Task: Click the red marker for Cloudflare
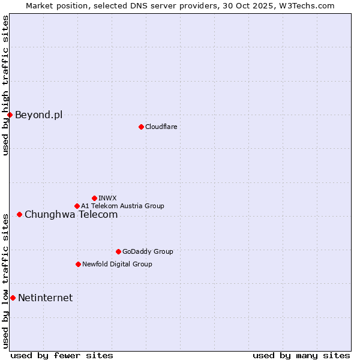pyautogui.click(x=141, y=127)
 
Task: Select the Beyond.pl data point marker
pyautogui.click(x=10, y=115)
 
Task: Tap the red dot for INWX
pyautogui.click(x=94, y=198)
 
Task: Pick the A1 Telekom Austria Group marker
pyautogui.click(x=77, y=206)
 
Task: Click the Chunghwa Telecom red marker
pyautogui.click(x=19, y=214)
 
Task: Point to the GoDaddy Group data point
pyautogui.click(x=118, y=251)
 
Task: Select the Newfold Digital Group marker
pyautogui.click(x=78, y=264)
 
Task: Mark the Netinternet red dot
pyautogui.click(x=13, y=298)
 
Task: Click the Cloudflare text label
pyautogui.click(x=161, y=127)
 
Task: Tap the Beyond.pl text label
pyautogui.click(x=38, y=115)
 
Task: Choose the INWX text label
pyautogui.click(x=107, y=198)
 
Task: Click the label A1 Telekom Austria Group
pyautogui.click(x=122, y=206)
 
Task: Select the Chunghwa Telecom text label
pyautogui.click(x=71, y=214)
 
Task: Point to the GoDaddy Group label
pyautogui.click(x=147, y=251)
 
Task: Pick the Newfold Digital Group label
pyautogui.click(x=117, y=264)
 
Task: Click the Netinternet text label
pyautogui.click(x=45, y=298)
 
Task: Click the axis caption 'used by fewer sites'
pyautogui.click(x=62, y=355)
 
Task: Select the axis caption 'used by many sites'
pyautogui.click(x=301, y=355)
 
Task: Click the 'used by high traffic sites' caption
pyautogui.click(x=5, y=85)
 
